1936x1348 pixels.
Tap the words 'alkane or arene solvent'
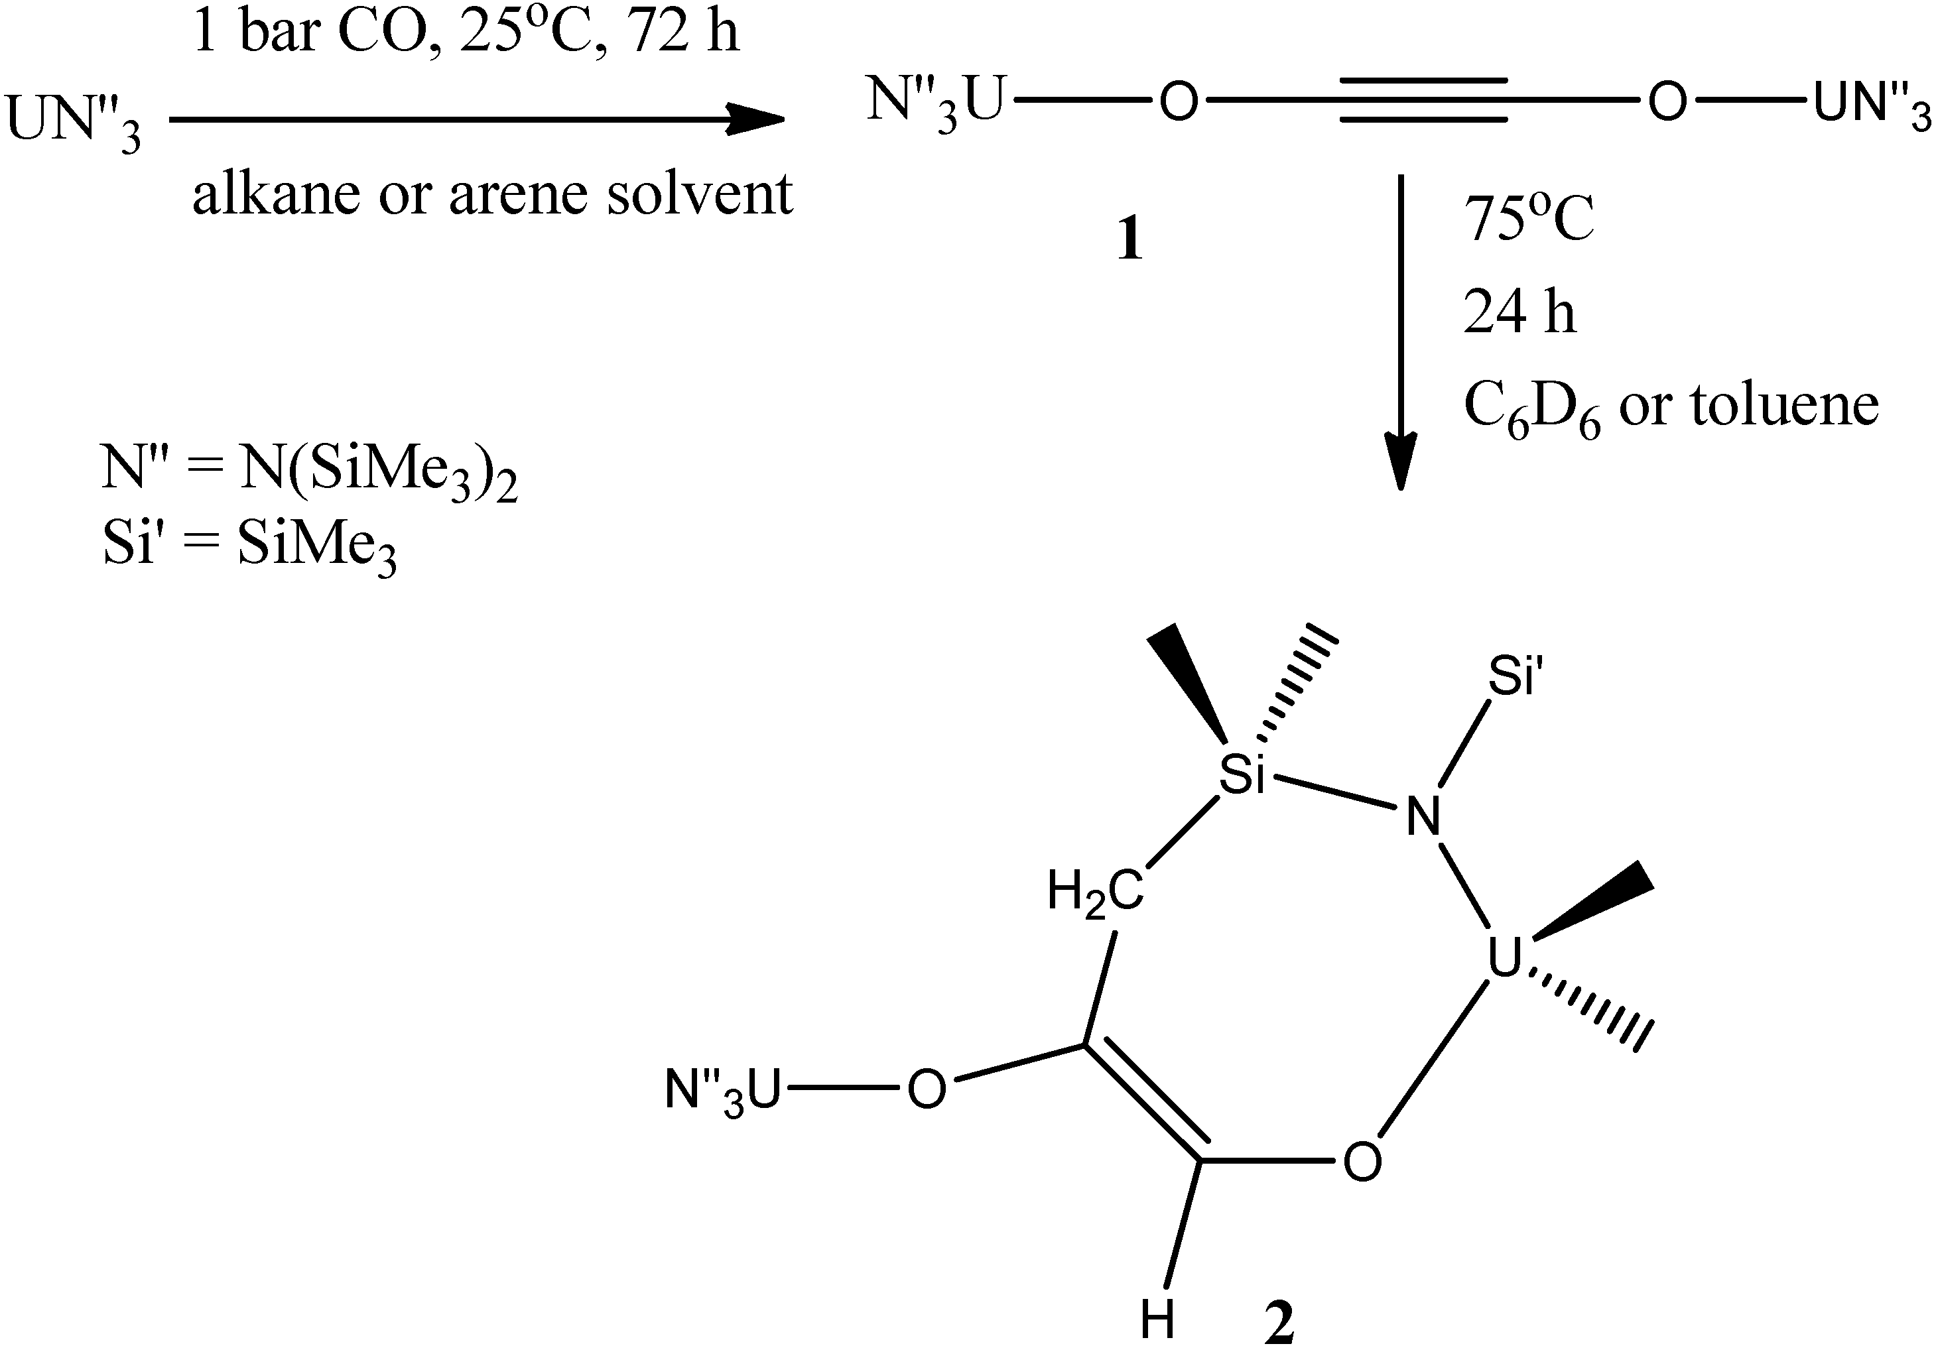(492, 194)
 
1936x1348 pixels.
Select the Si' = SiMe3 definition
(249, 546)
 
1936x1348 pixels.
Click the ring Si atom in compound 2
(1242, 776)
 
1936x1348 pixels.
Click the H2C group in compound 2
(1095, 892)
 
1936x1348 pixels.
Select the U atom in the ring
(1504, 959)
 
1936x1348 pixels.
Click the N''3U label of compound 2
(723, 1091)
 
